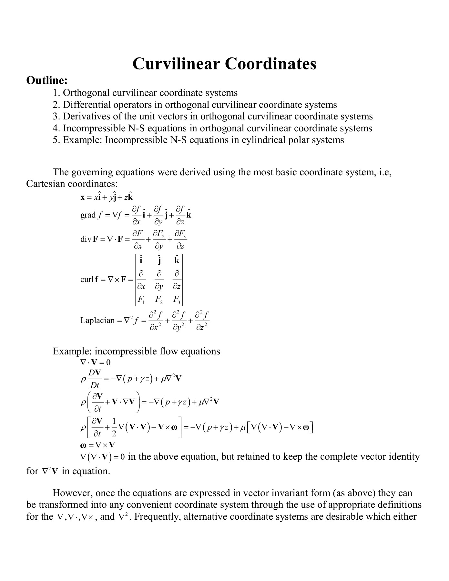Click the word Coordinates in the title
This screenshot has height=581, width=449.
point(270,64)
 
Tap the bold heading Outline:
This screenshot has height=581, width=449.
point(47,80)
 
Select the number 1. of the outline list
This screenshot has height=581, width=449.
point(56,93)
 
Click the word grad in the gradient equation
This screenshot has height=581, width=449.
point(88,215)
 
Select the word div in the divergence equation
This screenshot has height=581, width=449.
point(86,240)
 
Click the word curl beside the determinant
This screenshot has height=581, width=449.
point(87,280)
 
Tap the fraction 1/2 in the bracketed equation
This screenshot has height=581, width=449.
point(114,428)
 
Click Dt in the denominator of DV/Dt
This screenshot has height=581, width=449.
point(95,385)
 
